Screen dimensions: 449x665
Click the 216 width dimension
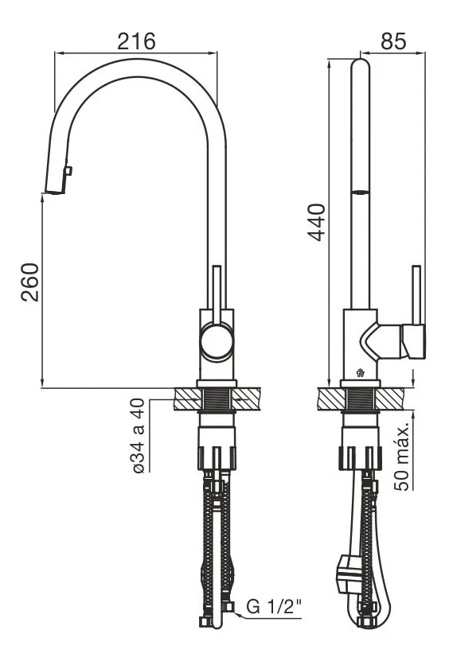(137, 41)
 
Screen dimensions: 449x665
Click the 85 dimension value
(393, 41)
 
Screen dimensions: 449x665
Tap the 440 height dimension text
(316, 223)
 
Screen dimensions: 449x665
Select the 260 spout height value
(30, 282)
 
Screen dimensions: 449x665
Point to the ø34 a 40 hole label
(139, 436)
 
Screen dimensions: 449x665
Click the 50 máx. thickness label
(402, 457)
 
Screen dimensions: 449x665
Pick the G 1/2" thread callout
(274, 607)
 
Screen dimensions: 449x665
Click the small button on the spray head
(68, 170)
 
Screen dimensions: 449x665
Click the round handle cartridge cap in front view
(217, 340)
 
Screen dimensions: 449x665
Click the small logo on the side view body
(361, 373)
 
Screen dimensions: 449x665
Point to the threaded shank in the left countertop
(217, 399)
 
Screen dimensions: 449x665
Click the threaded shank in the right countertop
(361, 399)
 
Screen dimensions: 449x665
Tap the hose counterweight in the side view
(349, 574)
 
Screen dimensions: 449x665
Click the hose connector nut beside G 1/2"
(229, 608)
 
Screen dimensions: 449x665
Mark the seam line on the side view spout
(361, 192)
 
